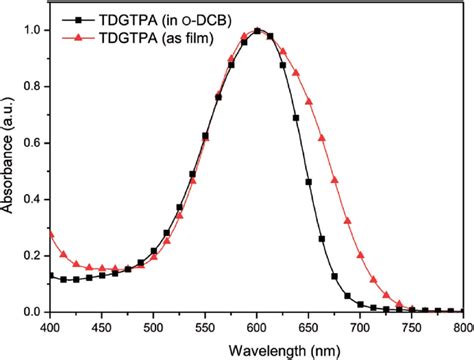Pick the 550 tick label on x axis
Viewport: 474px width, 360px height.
click(x=205, y=327)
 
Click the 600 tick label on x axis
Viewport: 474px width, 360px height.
click(x=257, y=327)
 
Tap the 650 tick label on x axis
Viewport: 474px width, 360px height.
click(x=309, y=327)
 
